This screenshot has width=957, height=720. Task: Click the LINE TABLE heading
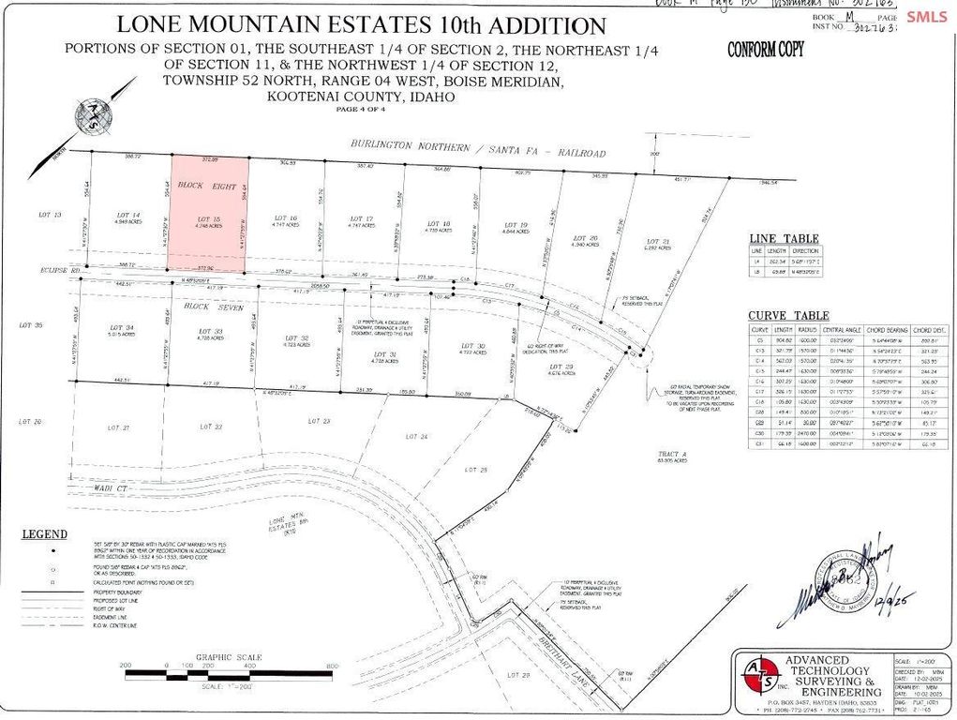point(783,239)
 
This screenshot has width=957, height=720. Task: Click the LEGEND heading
point(45,534)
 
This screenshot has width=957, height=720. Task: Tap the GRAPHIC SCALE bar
point(229,673)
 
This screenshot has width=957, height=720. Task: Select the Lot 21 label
point(658,242)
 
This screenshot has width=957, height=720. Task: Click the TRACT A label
point(673,455)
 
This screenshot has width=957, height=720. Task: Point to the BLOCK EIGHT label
point(207,186)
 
